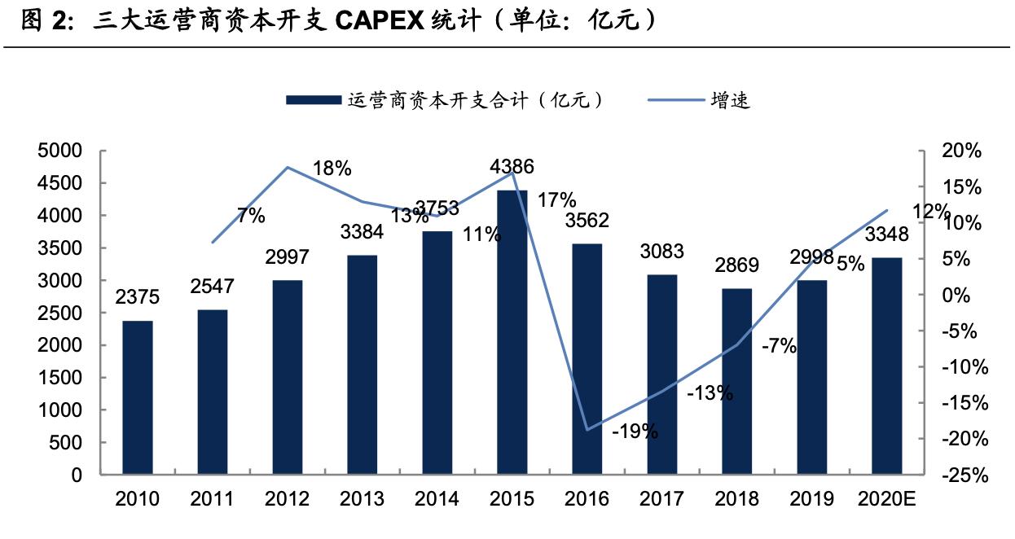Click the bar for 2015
click(x=512, y=332)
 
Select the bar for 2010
click(x=138, y=397)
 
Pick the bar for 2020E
click(x=886, y=366)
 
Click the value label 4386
click(x=512, y=168)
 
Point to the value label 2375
click(x=138, y=298)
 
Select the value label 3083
click(x=661, y=252)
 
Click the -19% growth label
click(x=635, y=432)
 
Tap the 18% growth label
click(x=332, y=169)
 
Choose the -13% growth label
click(x=710, y=394)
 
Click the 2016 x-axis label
click(x=587, y=498)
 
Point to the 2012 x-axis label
click(x=288, y=498)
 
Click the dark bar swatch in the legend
click(x=313, y=100)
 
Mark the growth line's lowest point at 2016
click(x=587, y=430)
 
